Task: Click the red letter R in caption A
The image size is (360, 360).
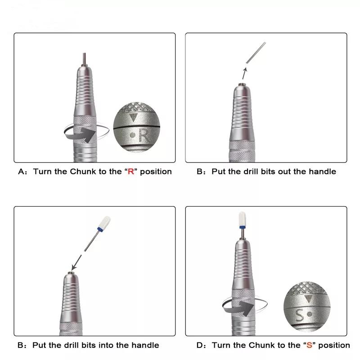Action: [x=131, y=171]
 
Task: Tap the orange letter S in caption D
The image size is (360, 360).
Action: [x=309, y=345]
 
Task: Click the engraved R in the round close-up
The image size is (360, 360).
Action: [x=144, y=135]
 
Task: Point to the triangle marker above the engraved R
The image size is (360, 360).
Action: [x=133, y=117]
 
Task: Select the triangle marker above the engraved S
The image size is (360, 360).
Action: [x=309, y=298]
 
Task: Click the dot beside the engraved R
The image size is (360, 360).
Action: [x=132, y=135]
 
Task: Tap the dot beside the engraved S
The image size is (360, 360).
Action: [x=309, y=314]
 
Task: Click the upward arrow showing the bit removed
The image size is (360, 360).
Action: [x=244, y=73]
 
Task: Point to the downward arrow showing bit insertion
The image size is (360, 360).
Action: [x=76, y=263]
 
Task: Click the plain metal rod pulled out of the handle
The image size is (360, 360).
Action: [x=256, y=53]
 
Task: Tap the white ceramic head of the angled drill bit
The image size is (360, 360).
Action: [x=104, y=222]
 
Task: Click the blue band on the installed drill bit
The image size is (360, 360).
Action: [x=243, y=227]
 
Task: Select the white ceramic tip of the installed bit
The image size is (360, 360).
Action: [x=243, y=219]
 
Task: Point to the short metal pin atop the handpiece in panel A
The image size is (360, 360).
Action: [x=84, y=59]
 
